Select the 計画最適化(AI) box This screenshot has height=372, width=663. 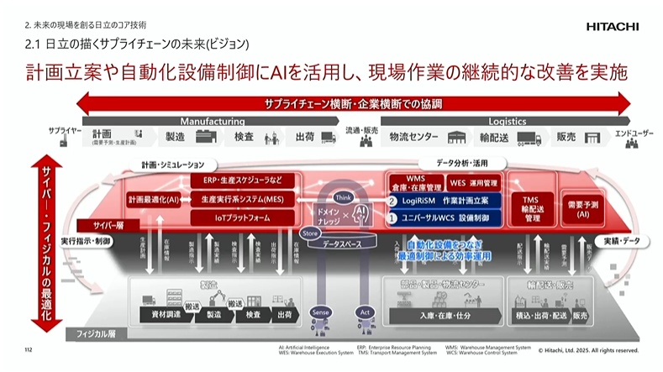(x=154, y=201)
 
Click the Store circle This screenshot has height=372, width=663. (x=308, y=232)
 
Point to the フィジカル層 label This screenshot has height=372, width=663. (x=87, y=333)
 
